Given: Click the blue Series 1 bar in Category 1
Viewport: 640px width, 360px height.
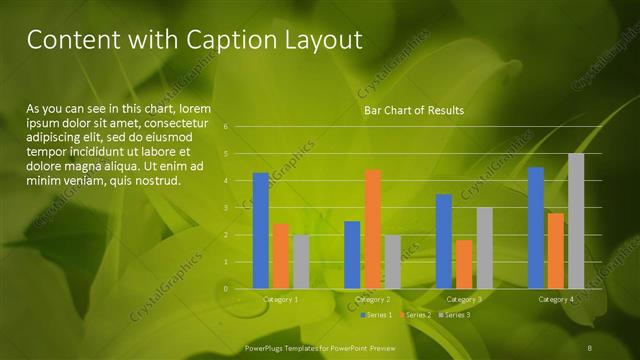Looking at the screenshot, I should pyautogui.click(x=260, y=231).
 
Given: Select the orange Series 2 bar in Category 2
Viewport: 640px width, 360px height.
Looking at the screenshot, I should pyautogui.click(x=372, y=229).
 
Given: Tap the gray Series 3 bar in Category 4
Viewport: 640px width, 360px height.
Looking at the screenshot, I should pyautogui.click(x=576, y=221).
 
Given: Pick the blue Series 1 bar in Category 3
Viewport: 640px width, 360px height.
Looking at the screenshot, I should pyautogui.click(x=443, y=241).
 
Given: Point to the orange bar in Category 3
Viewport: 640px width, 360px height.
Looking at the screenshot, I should pyautogui.click(x=463, y=264).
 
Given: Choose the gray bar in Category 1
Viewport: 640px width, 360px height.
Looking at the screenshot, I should pyautogui.click(x=300, y=262).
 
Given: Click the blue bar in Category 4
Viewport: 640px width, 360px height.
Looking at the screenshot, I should pyautogui.click(x=536, y=228).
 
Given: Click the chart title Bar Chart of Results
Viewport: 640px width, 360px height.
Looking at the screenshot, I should pyautogui.click(x=413, y=110).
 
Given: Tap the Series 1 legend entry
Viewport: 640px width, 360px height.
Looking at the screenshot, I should pyautogui.click(x=377, y=315).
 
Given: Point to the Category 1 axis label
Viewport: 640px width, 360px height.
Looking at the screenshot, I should pyautogui.click(x=280, y=299).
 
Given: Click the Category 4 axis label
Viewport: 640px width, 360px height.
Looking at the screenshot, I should pyautogui.click(x=556, y=299).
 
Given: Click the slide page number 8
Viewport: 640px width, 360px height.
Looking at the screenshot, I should pyautogui.click(x=591, y=346).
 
